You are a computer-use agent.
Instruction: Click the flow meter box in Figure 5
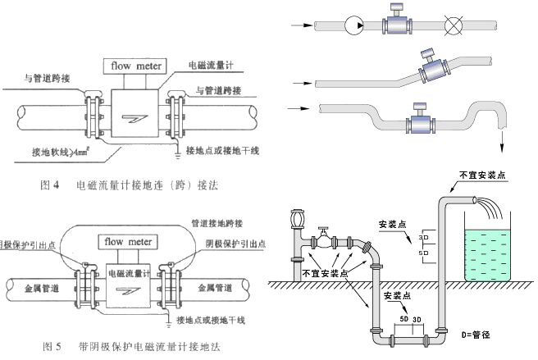[x=124, y=242]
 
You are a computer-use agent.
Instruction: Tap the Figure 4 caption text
[x=130, y=186]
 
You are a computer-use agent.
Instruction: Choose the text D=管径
[x=477, y=335]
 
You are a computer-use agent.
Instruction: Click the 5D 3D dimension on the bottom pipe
[x=410, y=318]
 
